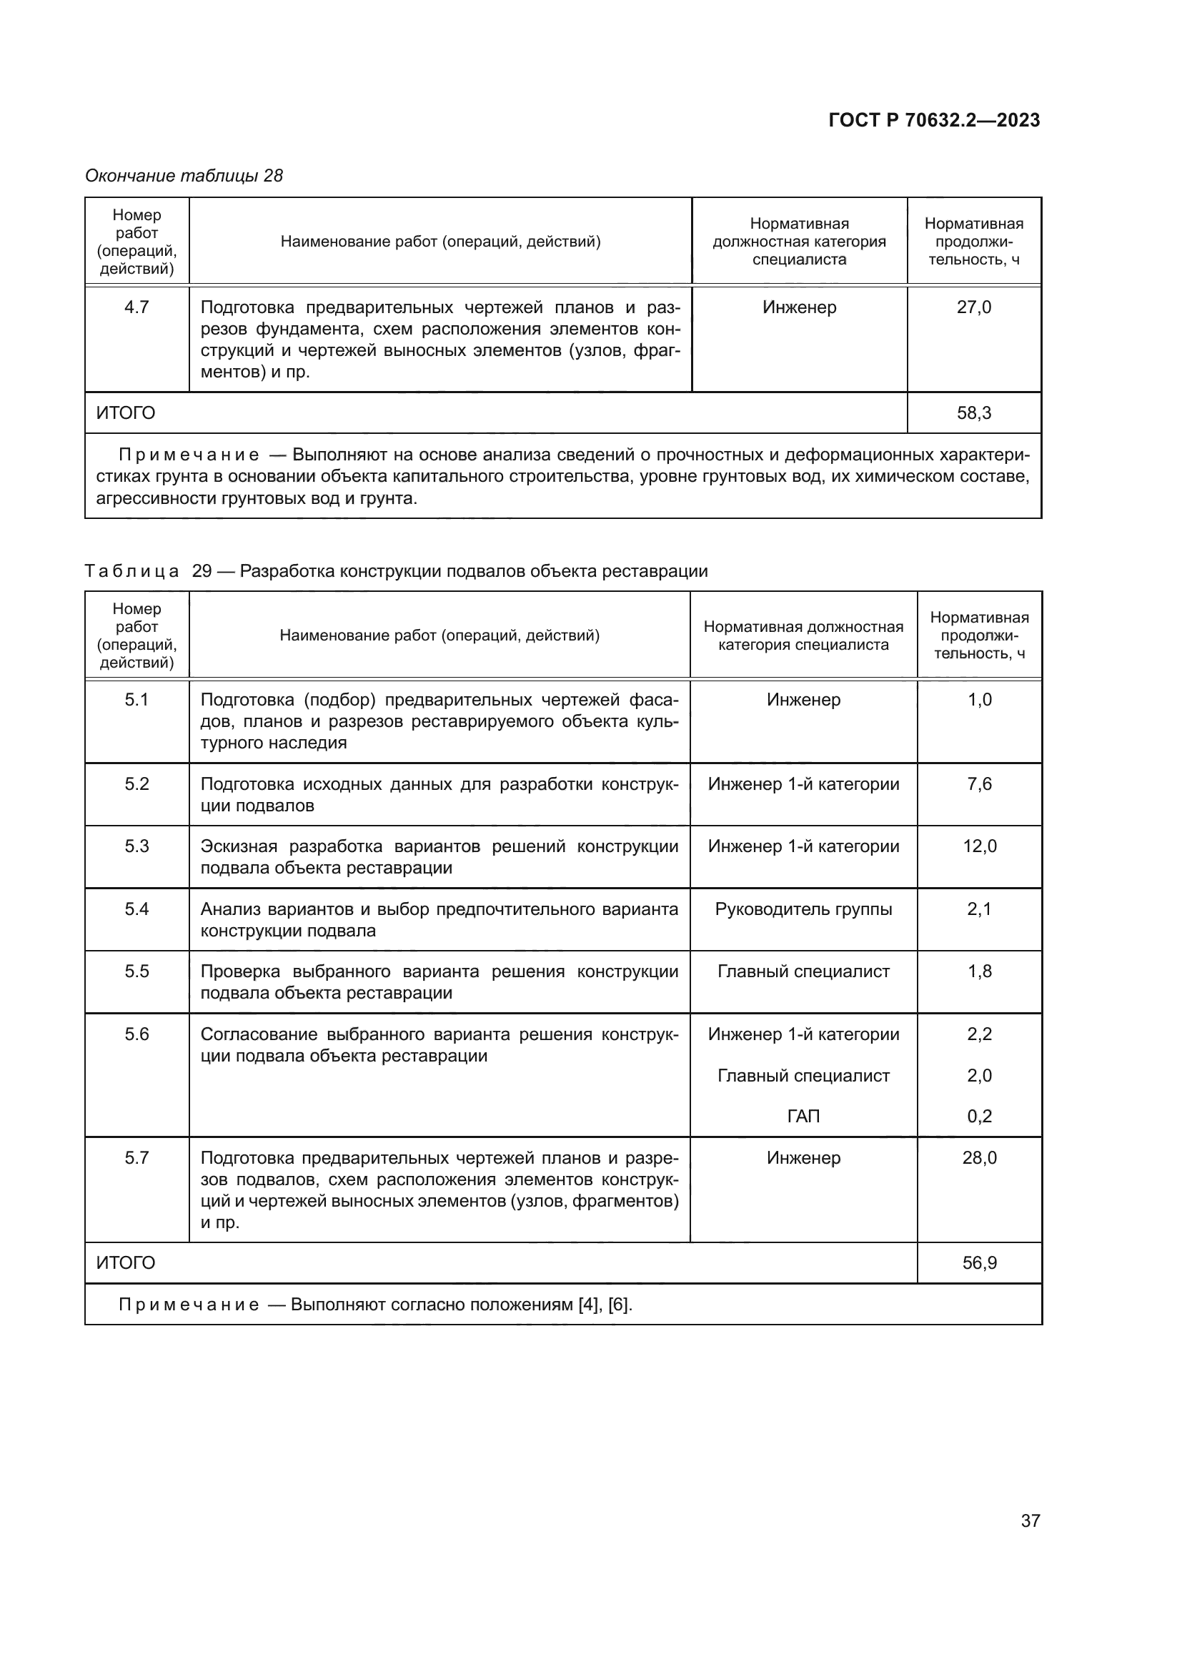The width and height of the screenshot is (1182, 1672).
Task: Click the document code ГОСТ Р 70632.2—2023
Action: coord(934,120)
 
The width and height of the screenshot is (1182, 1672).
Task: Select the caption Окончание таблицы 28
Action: coord(184,176)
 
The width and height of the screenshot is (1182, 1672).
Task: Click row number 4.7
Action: coord(136,307)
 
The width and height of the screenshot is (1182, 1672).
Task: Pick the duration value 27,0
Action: coord(973,307)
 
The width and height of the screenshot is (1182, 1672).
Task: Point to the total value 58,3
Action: coord(973,413)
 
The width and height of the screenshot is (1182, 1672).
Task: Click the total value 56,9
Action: coord(979,1262)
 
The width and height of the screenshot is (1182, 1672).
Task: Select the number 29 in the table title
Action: coord(202,571)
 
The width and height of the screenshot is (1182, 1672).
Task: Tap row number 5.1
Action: coord(136,700)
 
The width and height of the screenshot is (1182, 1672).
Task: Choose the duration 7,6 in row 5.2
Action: coord(979,784)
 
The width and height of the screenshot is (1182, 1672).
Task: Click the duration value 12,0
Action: coord(979,846)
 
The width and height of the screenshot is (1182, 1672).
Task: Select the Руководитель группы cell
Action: coord(803,909)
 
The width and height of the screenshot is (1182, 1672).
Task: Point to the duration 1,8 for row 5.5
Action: coord(979,971)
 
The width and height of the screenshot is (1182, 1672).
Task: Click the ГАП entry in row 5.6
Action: coord(803,1117)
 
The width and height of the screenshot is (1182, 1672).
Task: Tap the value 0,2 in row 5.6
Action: coord(979,1117)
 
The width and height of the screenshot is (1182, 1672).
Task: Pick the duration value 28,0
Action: coord(979,1158)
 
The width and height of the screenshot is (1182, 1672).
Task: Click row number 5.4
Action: coord(136,909)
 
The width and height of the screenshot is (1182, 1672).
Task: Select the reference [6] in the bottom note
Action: coord(620,1305)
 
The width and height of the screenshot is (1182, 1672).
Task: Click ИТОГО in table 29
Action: coord(126,1262)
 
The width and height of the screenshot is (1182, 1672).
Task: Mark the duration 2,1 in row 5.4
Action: coord(979,909)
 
